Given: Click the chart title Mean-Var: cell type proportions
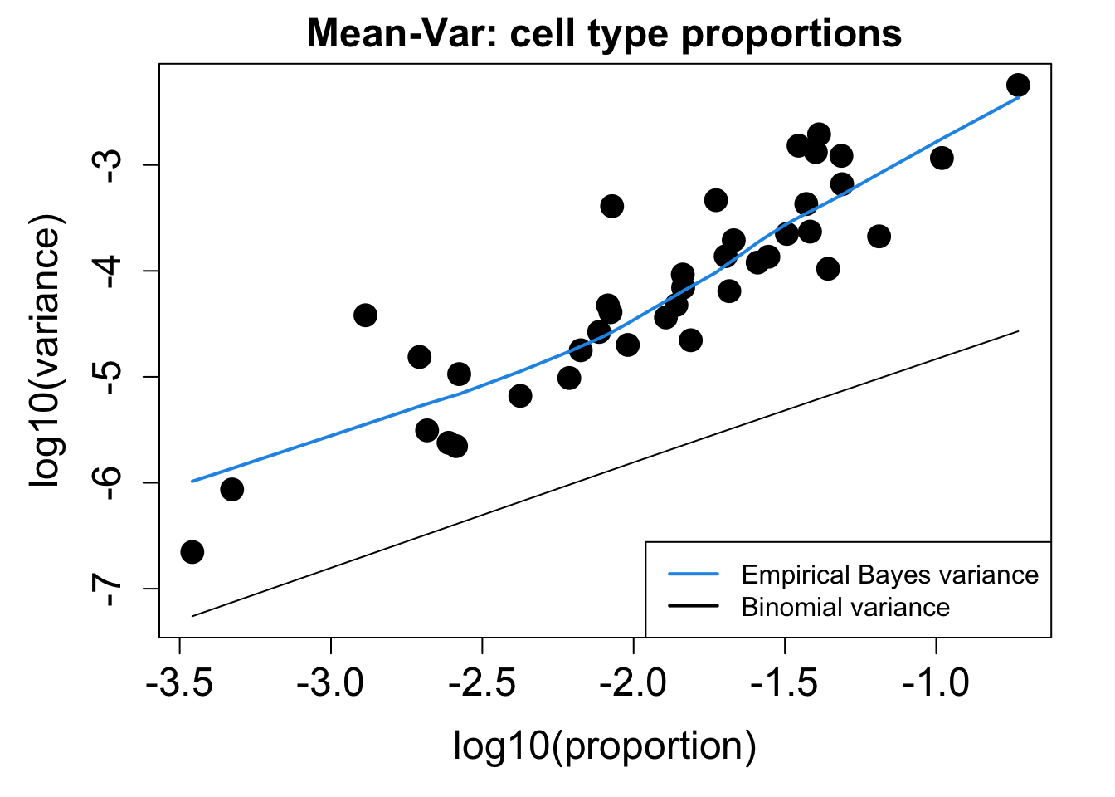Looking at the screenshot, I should (604, 35).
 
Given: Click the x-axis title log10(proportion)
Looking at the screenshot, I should (604, 745).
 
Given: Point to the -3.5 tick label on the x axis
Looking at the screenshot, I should (179, 685).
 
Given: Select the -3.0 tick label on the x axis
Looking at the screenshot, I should (331, 685).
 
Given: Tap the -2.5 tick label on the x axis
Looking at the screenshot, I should (482, 685).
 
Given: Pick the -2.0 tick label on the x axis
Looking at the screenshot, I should (634, 685).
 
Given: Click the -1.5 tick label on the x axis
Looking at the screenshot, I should (785, 685).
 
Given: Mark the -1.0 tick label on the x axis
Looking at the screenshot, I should (936, 685).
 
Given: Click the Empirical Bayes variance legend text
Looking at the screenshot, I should (889, 575).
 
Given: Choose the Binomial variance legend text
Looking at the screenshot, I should (845, 607).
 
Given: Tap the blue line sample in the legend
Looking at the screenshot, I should (694, 575).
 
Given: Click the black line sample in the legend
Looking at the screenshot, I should (694, 607).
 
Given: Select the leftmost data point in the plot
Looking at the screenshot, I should (192, 552).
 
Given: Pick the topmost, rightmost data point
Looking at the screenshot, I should (1018, 85).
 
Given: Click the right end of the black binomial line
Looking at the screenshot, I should (1018, 331).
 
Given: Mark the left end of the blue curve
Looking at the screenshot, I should (192, 481).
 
